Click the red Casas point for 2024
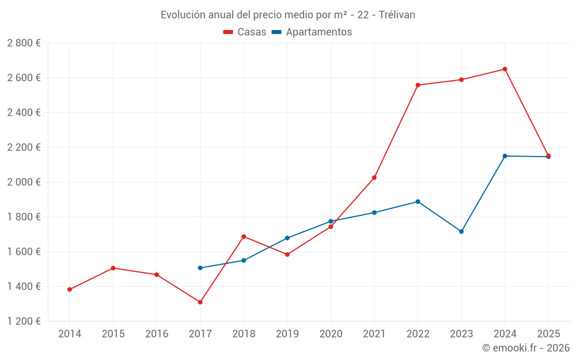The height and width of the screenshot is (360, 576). [x=505, y=69]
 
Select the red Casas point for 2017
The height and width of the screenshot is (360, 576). [x=200, y=302]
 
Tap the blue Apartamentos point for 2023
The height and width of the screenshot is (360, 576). [x=461, y=232]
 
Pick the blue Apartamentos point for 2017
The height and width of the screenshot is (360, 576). [x=200, y=268]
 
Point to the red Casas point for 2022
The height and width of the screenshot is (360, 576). [x=418, y=85]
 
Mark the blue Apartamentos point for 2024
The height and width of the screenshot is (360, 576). [x=505, y=156]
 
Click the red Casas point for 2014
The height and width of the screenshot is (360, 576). [x=70, y=290]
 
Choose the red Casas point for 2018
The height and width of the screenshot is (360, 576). [x=244, y=237]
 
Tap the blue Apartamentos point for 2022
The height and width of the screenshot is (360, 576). [x=418, y=202]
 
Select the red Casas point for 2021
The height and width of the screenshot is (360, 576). [x=374, y=177]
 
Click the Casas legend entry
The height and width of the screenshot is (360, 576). [x=245, y=32]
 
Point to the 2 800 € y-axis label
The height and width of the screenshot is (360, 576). [x=24, y=43]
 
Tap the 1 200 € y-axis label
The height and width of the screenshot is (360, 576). [x=24, y=321]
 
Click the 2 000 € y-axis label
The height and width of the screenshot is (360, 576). [x=24, y=182]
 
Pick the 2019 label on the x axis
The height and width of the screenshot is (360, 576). [x=287, y=334]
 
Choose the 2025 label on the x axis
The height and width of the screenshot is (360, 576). [x=548, y=334]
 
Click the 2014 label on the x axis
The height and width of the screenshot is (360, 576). [x=70, y=334]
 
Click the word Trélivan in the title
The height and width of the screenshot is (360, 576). [x=397, y=15]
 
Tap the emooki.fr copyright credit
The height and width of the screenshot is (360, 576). [x=526, y=348]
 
